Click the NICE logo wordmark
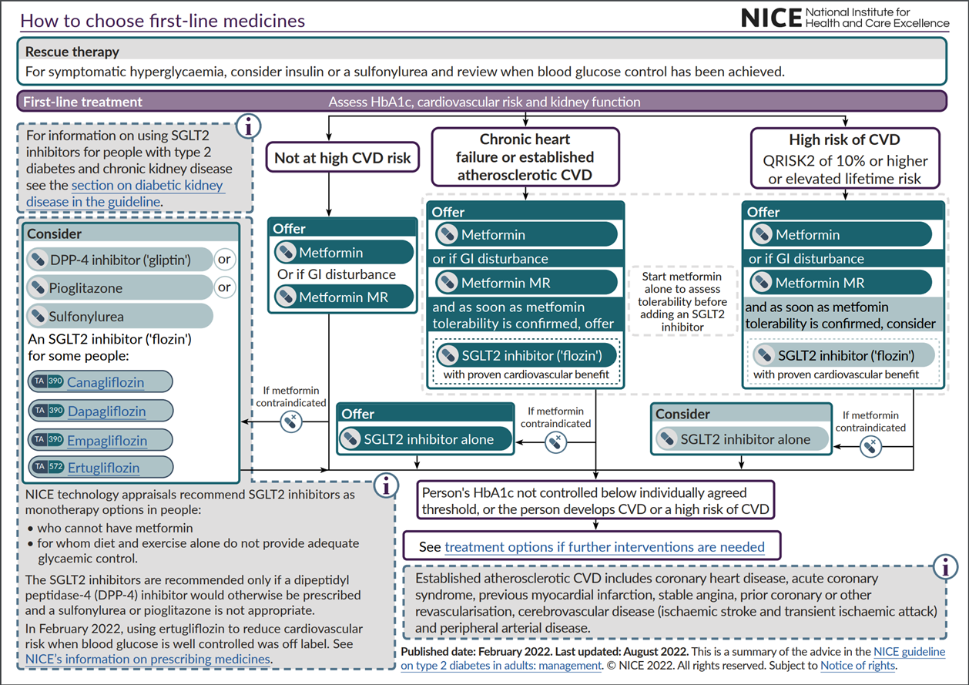[769, 18]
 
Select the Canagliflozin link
[106, 382]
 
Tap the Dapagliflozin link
[106, 411]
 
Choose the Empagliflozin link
[107, 440]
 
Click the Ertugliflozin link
[103, 468]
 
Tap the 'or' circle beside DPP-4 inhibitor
[224, 260]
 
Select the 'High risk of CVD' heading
[845, 140]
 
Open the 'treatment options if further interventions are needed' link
[605, 547]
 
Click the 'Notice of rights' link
[858, 665]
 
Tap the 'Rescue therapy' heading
[72, 52]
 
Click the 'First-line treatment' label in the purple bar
[83, 102]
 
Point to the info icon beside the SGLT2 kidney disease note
[247, 126]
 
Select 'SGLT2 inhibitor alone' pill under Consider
[744, 439]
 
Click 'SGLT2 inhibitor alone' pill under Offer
[428, 439]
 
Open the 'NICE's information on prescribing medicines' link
[148, 659]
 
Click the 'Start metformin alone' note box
[683, 301]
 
